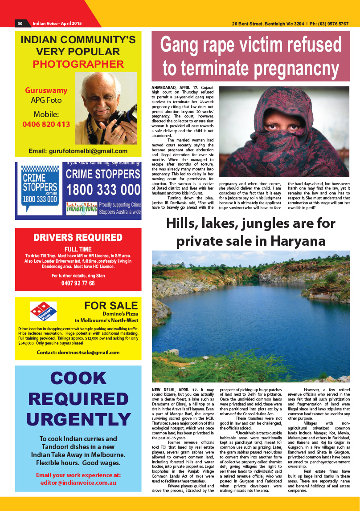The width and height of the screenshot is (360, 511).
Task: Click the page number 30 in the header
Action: pos(20,24)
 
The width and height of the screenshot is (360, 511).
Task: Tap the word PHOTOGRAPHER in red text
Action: pos(78,64)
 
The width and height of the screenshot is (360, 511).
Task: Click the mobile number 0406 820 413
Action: pos(46,124)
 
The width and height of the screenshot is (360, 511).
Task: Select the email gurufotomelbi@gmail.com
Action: pos(78,151)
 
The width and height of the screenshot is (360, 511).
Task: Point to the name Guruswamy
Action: pos(46,90)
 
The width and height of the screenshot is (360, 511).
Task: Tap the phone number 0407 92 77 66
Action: pos(78,283)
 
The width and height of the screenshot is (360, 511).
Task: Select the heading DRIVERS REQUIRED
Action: pos(78,237)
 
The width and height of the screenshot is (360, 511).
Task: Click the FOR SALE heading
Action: pos(111,305)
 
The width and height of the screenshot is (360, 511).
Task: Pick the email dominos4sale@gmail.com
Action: pos(78,353)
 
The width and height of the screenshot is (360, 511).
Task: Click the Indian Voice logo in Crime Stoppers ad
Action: pos(82,207)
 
